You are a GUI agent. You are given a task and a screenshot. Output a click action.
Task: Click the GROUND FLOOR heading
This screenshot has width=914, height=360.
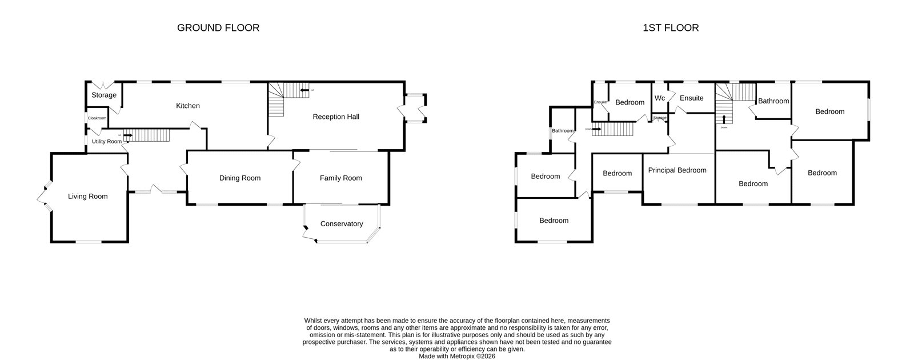click(218, 27)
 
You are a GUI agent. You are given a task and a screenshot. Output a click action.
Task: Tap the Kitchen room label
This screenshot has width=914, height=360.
click(188, 106)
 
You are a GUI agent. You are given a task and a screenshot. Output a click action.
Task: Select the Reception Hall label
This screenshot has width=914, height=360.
click(336, 117)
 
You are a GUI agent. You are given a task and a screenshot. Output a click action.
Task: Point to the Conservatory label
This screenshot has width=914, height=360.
click(342, 224)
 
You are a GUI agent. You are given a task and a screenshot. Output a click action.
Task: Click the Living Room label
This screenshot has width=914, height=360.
click(88, 197)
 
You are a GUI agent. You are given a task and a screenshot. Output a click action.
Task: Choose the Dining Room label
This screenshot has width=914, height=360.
click(240, 178)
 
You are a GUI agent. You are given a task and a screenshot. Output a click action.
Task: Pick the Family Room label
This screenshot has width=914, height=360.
click(341, 178)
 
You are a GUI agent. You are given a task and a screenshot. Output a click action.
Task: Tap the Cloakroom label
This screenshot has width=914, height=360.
click(97, 118)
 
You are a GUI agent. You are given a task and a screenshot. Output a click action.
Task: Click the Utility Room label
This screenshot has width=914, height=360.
click(107, 141)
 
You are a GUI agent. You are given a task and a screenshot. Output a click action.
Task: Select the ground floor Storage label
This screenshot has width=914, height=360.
click(104, 95)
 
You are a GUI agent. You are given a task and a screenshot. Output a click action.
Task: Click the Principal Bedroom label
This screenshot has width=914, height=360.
click(678, 170)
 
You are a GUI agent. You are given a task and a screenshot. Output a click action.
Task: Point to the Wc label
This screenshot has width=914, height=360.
click(660, 98)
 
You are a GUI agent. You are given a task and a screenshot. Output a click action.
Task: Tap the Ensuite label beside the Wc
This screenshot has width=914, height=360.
click(692, 98)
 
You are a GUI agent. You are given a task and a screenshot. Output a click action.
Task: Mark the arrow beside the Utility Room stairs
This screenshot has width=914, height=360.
click(127, 136)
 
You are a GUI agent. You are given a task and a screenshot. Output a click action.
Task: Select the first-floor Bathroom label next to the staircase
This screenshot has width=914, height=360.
click(773, 101)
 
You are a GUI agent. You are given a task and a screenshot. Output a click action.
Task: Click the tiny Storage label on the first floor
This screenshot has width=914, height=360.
click(660, 118)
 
